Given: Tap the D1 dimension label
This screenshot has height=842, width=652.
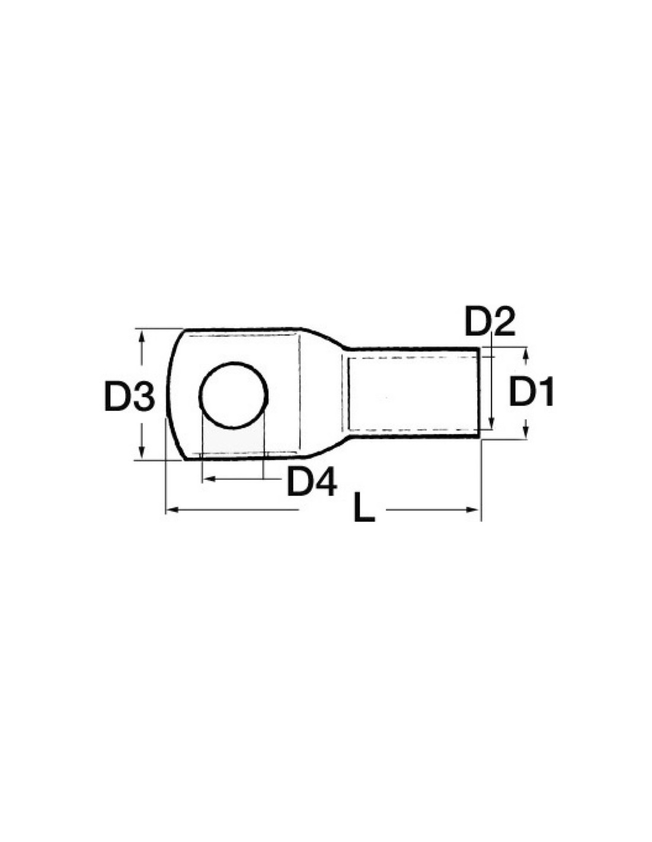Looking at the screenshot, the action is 530,391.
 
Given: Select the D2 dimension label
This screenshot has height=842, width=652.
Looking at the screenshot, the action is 490,321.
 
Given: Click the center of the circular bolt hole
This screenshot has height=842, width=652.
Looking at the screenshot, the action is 233,395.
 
